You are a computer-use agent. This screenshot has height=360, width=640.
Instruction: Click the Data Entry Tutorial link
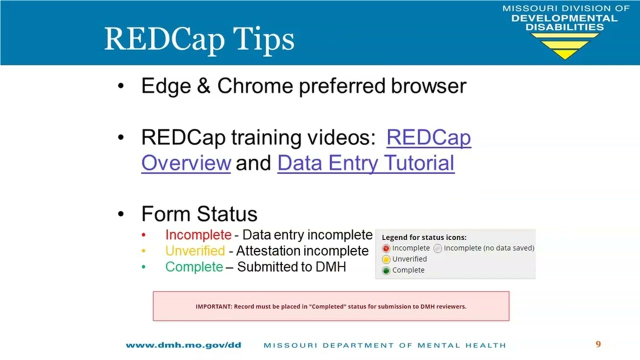[366, 163]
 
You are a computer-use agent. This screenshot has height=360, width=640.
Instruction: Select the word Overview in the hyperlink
[186, 163]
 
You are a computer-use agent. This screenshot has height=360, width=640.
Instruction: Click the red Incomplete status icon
[386, 248]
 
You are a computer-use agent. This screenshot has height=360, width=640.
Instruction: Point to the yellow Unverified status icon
[386, 259]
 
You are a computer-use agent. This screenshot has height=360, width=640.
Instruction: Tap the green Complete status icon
[386, 270]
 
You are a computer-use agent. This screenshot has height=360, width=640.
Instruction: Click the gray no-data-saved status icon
[437, 248]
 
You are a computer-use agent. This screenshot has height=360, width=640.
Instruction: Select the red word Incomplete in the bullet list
[198, 235]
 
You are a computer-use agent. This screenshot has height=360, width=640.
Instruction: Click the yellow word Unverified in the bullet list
[195, 251]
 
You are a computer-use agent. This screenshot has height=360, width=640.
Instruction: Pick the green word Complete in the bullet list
[194, 267]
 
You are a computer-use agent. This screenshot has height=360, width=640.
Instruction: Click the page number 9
[598, 344]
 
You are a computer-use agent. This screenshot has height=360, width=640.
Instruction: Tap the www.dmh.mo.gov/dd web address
[183, 345]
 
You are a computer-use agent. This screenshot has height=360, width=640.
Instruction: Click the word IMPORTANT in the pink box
[213, 306]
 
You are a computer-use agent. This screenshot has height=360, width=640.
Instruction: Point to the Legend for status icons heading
[424, 237]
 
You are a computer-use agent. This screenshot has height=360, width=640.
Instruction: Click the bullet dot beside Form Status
[121, 213]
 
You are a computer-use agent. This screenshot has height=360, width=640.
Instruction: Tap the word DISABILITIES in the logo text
[565, 27]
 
